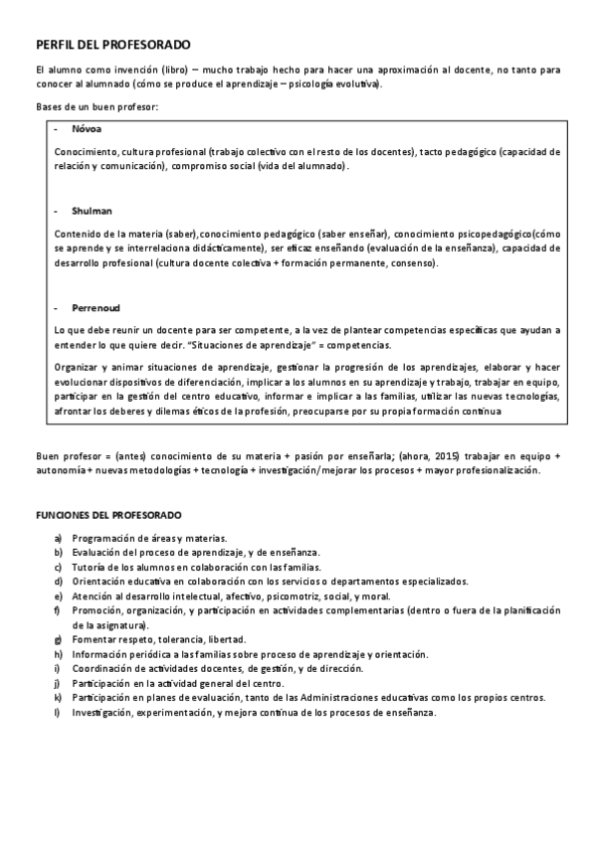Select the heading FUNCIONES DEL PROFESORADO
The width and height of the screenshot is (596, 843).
tap(108, 515)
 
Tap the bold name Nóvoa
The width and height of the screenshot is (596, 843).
tap(86, 129)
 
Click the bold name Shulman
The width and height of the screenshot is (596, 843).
tap(92, 211)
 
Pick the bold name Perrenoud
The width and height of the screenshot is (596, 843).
tap(96, 307)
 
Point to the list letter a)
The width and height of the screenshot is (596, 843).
tap(60, 537)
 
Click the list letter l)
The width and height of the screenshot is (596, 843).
tap(59, 713)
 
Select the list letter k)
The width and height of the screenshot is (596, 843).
tap(60, 698)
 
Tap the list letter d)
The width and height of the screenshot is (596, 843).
tap(60, 581)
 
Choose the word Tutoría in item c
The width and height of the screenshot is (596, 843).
tap(89, 566)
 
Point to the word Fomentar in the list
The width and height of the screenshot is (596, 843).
tap(93, 639)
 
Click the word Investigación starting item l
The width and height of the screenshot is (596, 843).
tap(101, 713)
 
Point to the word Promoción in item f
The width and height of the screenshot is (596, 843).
tap(97, 609)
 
